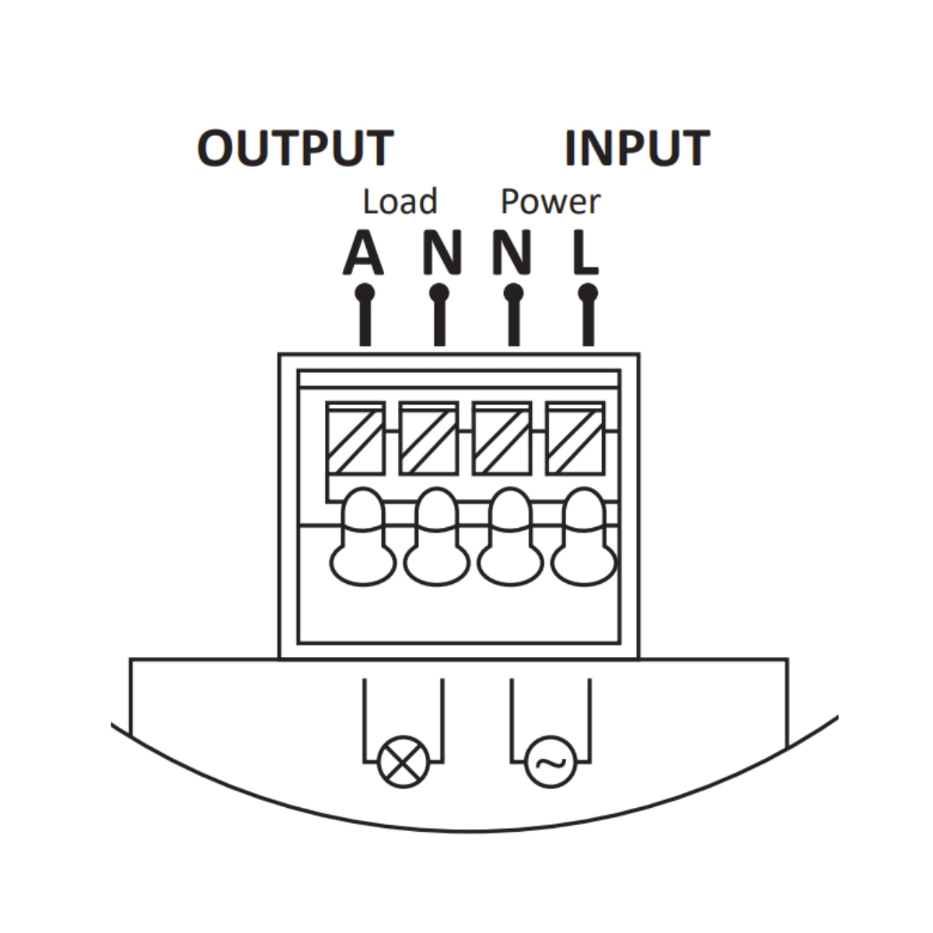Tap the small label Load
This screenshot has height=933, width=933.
pos(400,201)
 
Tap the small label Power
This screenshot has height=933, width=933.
pos(550,201)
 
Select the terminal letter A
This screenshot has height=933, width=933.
pos(363,253)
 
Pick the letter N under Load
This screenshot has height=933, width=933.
pos(441,253)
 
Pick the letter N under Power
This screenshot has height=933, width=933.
pos(512,253)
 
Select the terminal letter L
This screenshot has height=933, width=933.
pos(585,253)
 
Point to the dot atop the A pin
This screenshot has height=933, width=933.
pos(365,293)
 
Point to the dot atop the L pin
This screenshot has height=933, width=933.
pos(589,293)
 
